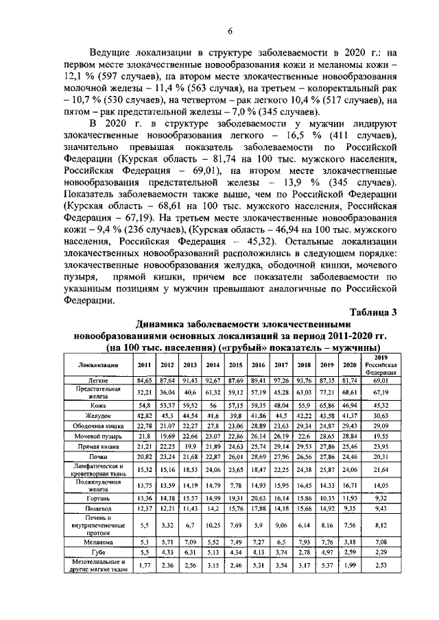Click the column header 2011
pos(145,364)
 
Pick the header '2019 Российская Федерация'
pos(385,364)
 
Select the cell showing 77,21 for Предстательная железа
pos(327,392)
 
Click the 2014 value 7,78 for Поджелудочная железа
pos(213,484)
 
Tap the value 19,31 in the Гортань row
pos(236,497)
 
